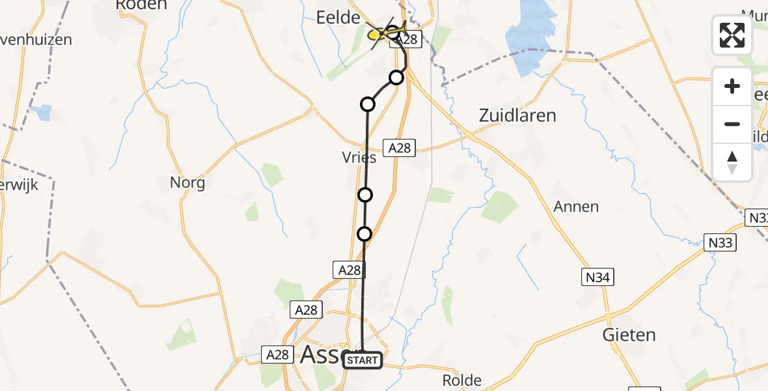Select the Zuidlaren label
pos(517,116)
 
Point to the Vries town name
pos(359,158)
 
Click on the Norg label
pos(187,182)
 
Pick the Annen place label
pos(576,207)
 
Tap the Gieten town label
pos(629,335)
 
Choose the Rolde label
pos(461,380)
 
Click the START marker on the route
pos(362,360)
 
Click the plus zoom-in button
pos(732,86)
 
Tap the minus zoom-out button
pos(732,124)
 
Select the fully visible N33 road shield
pos(721,243)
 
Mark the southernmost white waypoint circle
pos(364,233)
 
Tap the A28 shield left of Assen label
pos(278,355)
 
